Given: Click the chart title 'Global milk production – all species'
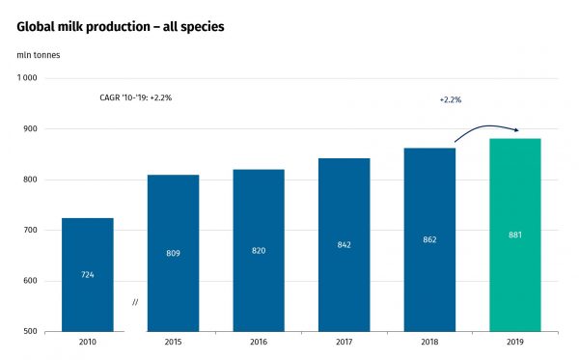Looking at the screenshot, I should (x=121, y=26).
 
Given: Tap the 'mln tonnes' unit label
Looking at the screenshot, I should (x=40, y=54).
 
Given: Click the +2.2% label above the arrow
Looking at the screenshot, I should (x=451, y=99).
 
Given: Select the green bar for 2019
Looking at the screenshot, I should (x=515, y=235).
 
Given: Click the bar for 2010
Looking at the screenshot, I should (x=87, y=274).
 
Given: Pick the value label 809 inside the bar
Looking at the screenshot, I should (x=173, y=253).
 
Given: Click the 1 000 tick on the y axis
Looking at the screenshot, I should (x=27, y=78).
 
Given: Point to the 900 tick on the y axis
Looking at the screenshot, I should (x=30, y=129).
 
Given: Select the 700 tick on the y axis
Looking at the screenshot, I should (x=30, y=231).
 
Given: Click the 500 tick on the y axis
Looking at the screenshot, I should (x=30, y=332).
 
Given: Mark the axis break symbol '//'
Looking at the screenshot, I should (x=135, y=303).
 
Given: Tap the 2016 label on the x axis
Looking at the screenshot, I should (x=259, y=343).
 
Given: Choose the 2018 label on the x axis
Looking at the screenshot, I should (x=429, y=343).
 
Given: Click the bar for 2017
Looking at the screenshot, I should (x=345, y=244).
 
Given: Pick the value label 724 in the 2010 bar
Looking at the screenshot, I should (x=87, y=275).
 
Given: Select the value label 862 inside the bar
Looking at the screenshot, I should (x=429, y=238).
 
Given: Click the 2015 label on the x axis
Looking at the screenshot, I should (x=173, y=343).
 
